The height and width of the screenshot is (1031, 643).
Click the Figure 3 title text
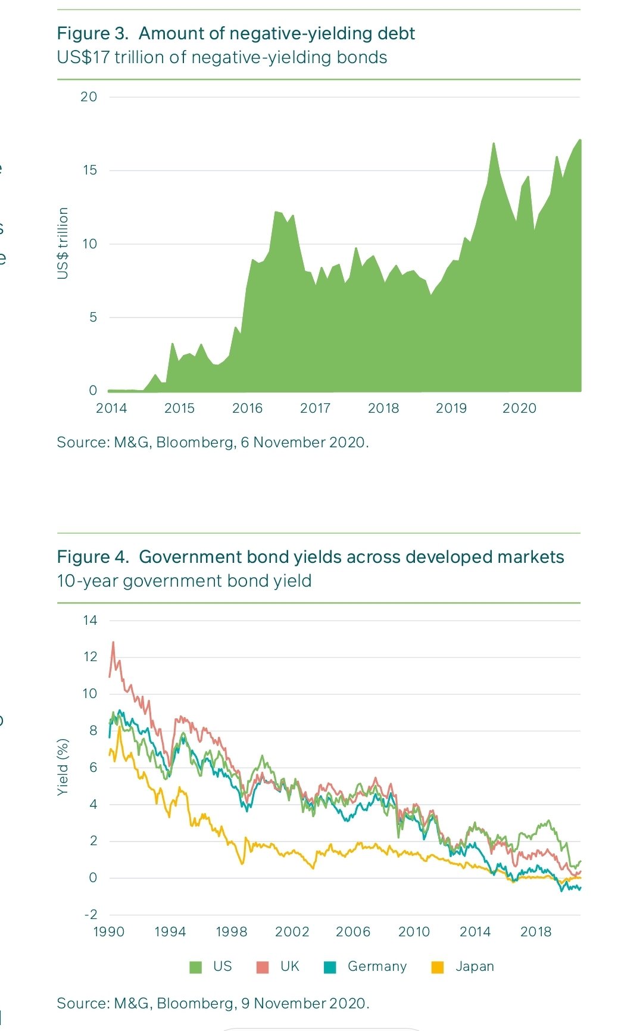pos(236,33)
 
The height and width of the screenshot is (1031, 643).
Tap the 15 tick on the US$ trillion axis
pos(89,170)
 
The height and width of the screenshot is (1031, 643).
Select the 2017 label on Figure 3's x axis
pos(315,409)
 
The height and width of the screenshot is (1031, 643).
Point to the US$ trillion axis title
pos(63,243)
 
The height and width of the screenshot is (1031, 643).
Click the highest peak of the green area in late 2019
pos(494,144)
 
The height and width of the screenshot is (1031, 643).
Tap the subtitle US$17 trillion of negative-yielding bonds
pos(222,58)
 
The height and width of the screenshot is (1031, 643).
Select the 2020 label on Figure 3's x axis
pos(519,409)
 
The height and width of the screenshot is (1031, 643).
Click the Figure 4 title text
pos(310,557)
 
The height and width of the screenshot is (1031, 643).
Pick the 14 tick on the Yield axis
pos(90,621)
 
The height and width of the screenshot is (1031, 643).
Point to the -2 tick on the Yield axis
pos(90,915)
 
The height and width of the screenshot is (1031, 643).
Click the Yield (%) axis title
pos(63,767)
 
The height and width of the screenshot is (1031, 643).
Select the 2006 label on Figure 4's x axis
pos(352,932)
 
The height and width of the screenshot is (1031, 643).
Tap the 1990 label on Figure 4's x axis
pos(109,932)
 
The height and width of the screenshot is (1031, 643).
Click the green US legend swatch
pos(195,967)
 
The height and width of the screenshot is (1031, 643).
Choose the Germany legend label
pos(377,967)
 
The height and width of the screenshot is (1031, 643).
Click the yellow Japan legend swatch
pos(438,967)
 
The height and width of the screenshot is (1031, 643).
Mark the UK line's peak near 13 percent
pos(113,643)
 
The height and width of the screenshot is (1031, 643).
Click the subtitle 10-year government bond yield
pos(184,581)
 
